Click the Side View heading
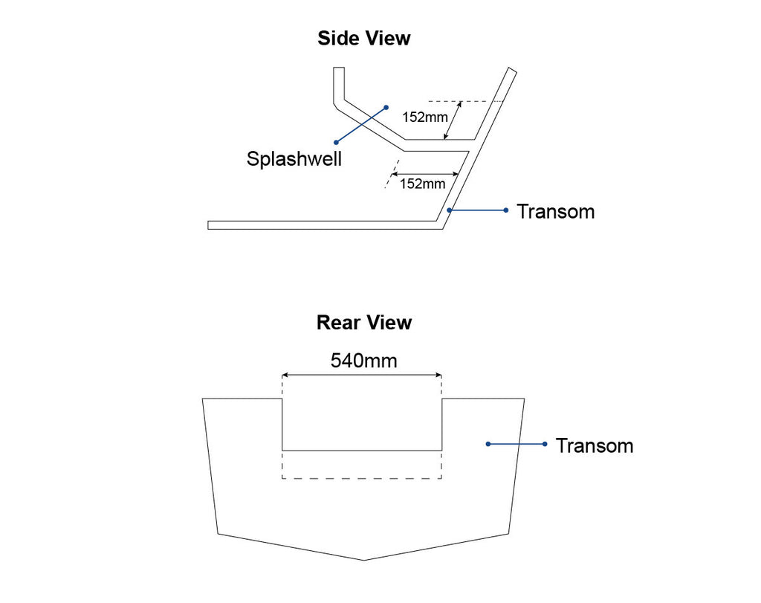click(x=364, y=39)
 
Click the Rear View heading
click(x=364, y=323)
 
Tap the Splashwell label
click(x=294, y=159)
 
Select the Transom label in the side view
click(x=556, y=212)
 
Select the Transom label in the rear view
click(x=595, y=445)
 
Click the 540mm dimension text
click(x=364, y=361)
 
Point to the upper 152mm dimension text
click(x=425, y=117)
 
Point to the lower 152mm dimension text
click(x=423, y=184)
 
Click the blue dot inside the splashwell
click(x=386, y=107)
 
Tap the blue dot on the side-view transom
click(x=450, y=210)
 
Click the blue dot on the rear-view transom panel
click(x=488, y=444)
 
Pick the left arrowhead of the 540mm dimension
click(x=285, y=375)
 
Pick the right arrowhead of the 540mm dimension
click(x=438, y=375)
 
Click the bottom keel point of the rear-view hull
click(x=363, y=561)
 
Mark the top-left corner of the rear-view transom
click(x=202, y=399)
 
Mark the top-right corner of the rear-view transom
click(x=524, y=399)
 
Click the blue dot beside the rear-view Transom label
click(x=545, y=444)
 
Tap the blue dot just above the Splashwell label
click(x=336, y=142)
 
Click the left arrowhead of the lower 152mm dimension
click(x=394, y=174)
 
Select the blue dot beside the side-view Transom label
click(x=506, y=210)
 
